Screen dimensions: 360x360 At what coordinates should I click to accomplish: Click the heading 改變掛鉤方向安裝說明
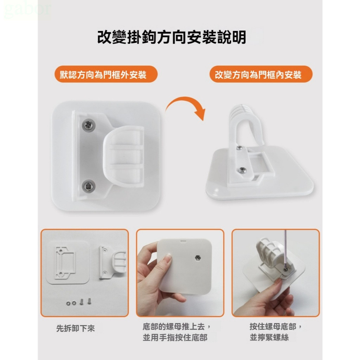(x=172, y=37)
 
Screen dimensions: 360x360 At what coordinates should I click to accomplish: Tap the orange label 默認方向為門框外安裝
(x=106, y=75)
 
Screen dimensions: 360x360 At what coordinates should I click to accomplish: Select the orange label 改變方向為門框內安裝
(x=261, y=75)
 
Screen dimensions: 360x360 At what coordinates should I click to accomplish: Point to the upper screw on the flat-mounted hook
(x=89, y=126)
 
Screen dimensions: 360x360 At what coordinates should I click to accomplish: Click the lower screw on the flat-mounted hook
(x=89, y=186)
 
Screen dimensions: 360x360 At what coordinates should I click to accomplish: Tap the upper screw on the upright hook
(x=239, y=148)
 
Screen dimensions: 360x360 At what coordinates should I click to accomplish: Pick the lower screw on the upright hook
(x=242, y=170)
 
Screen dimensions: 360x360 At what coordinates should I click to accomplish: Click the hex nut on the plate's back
(x=197, y=258)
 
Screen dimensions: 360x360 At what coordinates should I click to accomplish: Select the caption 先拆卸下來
(x=76, y=328)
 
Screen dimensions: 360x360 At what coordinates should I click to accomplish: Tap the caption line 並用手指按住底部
(x=175, y=337)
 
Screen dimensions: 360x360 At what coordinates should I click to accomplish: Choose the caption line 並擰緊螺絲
(x=269, y=337)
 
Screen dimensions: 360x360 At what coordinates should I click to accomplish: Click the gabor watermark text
(x=27, y=9)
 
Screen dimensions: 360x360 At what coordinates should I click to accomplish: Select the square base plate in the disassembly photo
(x=68, y=262)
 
